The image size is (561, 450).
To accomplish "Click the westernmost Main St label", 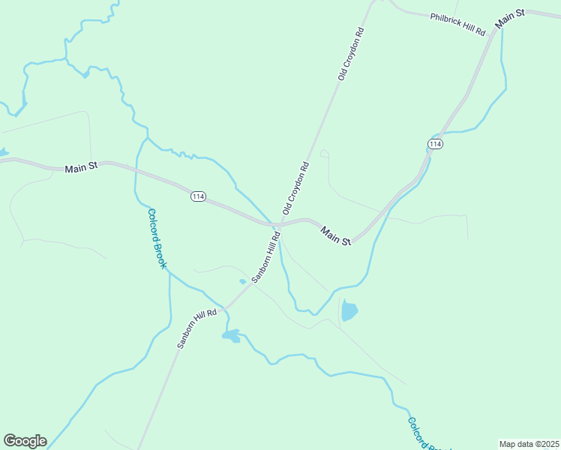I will pyautogui.click(x=82, y=167).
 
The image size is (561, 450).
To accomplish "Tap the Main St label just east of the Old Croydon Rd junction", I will pyautogui.click(x=336, y=235).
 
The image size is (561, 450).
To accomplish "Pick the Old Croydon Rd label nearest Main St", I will pyautogui.click(x=295, y=188).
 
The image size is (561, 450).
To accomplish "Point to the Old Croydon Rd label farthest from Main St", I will pyautogui.click(x=350, y=54).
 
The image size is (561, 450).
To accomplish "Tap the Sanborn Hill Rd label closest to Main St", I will pyautogui.click(x=266, y=256).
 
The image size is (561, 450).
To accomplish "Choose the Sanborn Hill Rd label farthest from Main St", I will pyautogui.click(x=197, y=328).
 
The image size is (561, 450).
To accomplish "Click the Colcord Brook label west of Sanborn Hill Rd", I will pyautogui.click(x=156, y=238).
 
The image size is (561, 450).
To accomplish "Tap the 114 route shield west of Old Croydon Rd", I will pyautogui.click(x=198, y=196).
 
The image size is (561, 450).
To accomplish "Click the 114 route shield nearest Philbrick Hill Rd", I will pyautogui.click(x=436, y=143).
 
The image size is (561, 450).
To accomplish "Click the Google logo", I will pyautogui.click(x=25, y=441).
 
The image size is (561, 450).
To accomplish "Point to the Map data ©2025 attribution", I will pyautogui.click(x=529, y=444).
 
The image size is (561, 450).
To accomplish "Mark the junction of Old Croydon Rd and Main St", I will pyautogui.click(x=277, y=224).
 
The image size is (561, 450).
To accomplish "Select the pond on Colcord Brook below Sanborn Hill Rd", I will pyautogui.click(x=231, y=335).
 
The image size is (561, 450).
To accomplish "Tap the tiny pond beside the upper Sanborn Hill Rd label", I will pyautogui.click(x=242, y=282).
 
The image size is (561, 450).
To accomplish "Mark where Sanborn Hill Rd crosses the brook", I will pyautogui.click(x=227, y=307).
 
